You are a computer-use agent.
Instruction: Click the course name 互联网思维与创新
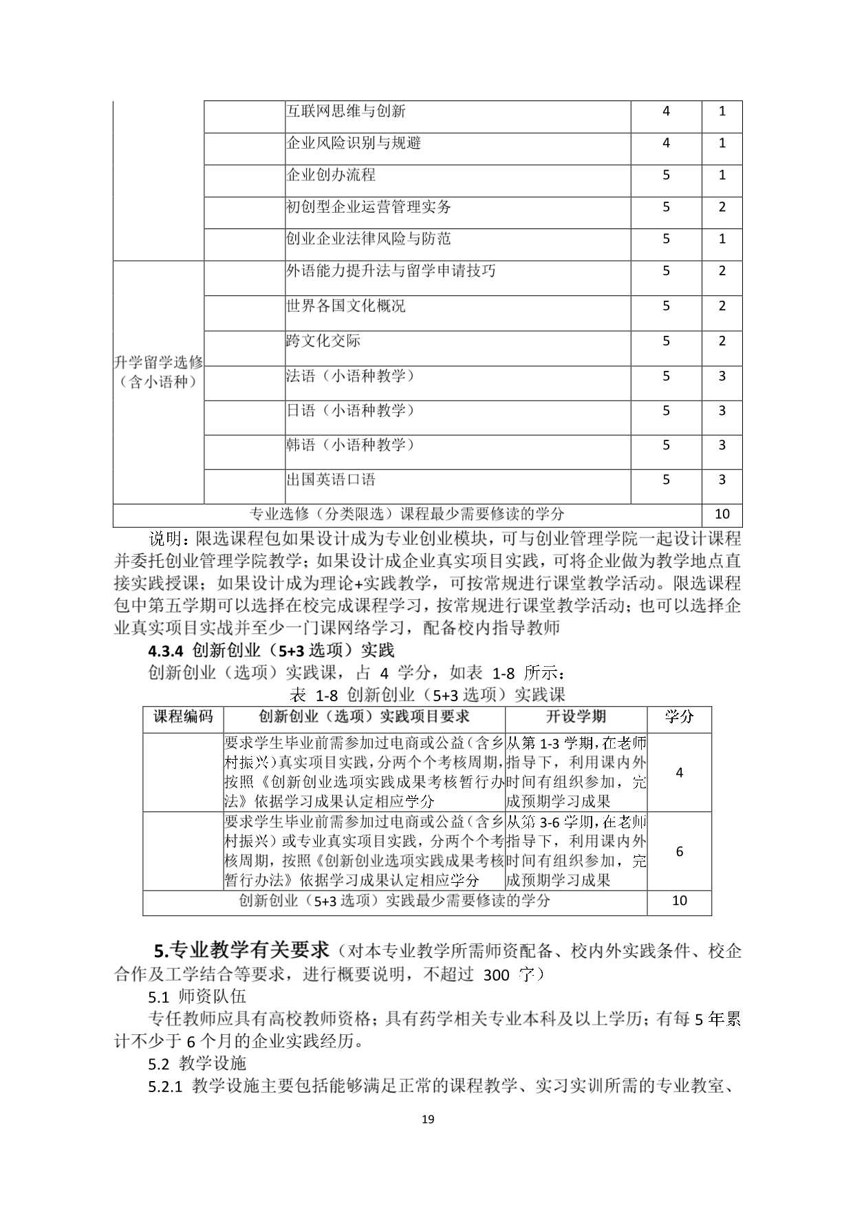(x=345, y=111)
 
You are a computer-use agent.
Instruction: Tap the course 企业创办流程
(x=331, y=175)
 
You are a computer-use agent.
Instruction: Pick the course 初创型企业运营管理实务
(x=368, y=206)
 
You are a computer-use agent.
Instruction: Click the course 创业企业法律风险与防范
(x=368, y=239)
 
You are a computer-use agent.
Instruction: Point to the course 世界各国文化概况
(x=345, y=306)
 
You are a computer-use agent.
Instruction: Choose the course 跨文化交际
(x=323, y=341)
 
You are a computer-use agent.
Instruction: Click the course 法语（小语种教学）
(x=350, y=376)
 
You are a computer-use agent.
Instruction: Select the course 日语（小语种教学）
(x=350, y=410)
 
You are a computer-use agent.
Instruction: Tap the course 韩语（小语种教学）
(x=350, y=445)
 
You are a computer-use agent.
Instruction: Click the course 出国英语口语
(x=331, y=480)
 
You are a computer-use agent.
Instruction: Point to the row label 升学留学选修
(x=158, y=363)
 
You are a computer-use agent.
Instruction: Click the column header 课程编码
(x=183, y=717)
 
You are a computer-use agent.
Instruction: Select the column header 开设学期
(x=576, y=717)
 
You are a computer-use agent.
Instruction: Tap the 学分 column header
(x=679, y=717)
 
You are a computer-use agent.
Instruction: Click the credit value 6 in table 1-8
(x=680, y=851)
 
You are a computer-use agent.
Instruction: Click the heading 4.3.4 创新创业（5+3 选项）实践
(x=271, y=650)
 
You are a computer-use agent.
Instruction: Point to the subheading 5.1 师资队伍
(x=197, y=996)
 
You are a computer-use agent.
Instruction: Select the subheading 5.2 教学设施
(x=197, y=1063)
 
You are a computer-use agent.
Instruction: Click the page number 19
(x=427, y=1120)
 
